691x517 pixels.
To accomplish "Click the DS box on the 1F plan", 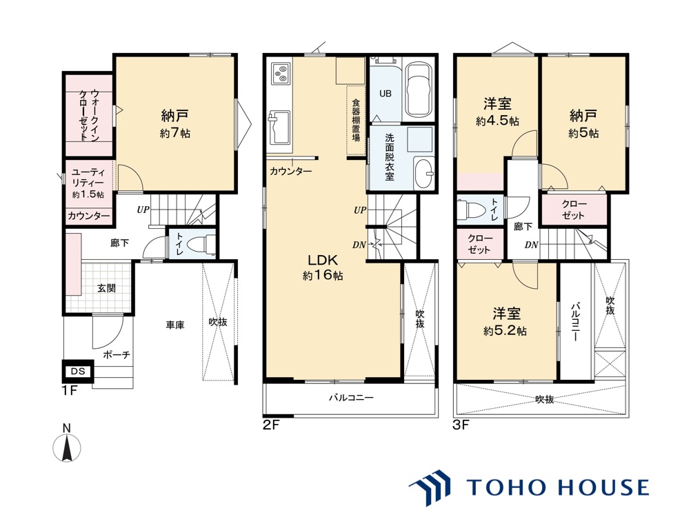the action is (77, 371).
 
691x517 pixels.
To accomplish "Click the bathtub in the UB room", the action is (418, 90).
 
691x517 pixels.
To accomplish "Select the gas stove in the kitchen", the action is (280, 74).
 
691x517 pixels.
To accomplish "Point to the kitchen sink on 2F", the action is (279, 128).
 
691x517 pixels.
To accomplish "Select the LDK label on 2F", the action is (322, 259).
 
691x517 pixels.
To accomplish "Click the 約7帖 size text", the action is (175, 133).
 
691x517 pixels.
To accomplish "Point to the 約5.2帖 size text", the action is (505, 331).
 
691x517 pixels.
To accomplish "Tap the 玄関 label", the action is (106, 288).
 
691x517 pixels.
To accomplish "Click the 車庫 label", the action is (175, 325).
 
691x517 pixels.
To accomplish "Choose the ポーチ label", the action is (117, 354).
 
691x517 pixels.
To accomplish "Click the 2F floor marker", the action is (272, 425).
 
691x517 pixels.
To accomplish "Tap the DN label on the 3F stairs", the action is (532, 245).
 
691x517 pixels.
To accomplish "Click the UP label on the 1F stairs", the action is (143, 210).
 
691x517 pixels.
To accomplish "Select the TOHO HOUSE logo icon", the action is (430, 487).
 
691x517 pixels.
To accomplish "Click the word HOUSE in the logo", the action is (603, 487).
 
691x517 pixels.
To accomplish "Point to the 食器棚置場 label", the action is (356, 119).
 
